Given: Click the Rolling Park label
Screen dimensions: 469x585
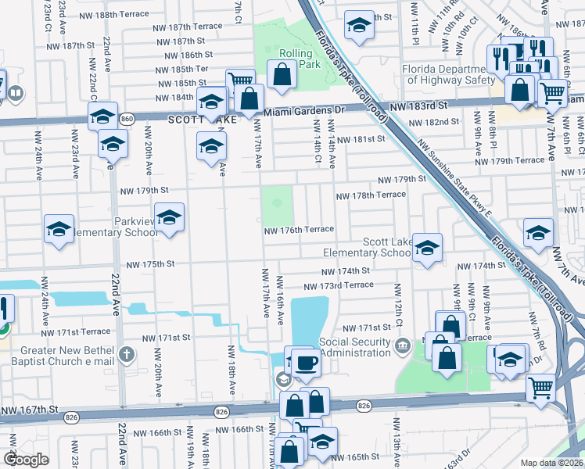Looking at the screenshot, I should pos(300,59).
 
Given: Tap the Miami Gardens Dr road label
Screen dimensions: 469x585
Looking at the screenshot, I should pos(303,113).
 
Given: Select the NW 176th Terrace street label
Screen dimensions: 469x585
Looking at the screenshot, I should pos(299,230).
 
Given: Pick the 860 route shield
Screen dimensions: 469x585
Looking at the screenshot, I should pos(127,119).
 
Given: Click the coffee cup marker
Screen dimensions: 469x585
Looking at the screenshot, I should pos(307,363).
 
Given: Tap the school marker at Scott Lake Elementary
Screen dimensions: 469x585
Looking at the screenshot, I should pos(426,248).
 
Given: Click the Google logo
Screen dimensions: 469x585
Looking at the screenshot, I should pos(26,460).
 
